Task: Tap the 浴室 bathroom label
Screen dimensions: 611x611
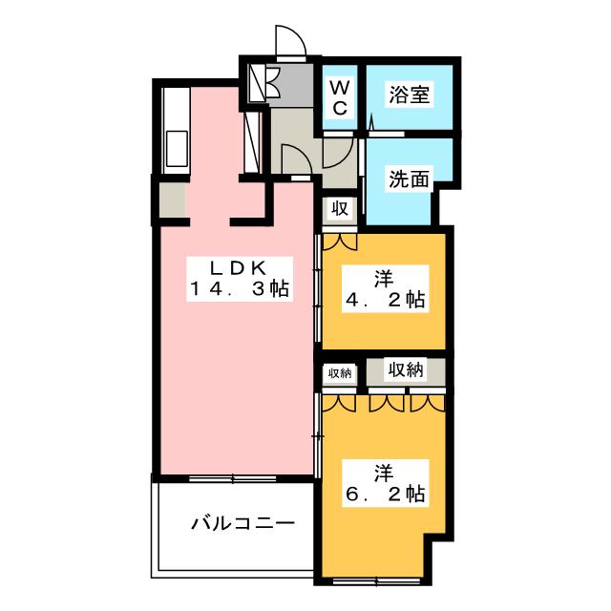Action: [x=409, y=95]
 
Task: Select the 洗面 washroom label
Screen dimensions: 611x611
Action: [x=409, y=178]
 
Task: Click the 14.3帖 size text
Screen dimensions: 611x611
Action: [x=239, y=287]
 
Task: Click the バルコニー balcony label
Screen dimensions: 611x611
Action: [x=241, y=522]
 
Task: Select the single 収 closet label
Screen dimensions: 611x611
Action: [x=339, y=208]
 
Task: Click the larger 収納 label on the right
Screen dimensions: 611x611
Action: [x=406, y=370]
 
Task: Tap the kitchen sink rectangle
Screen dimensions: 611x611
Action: [x=176, y=149]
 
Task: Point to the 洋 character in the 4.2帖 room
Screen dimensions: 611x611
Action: [x=384, y=279]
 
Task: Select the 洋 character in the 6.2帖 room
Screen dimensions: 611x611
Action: [x=384, y=473]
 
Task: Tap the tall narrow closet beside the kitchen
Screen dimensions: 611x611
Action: [x=253, y=143]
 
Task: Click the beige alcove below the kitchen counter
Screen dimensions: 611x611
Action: [x=173, y=200]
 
